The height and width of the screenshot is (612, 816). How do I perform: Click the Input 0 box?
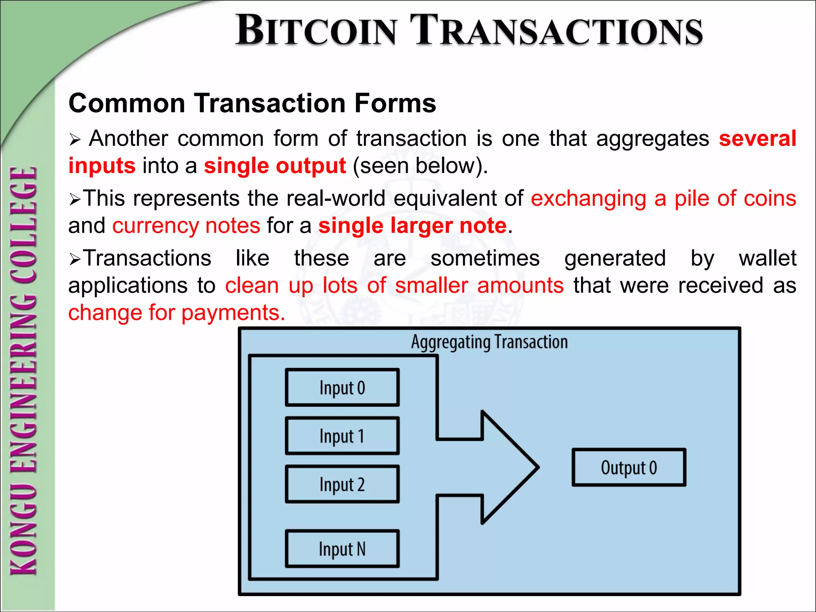[342, 387]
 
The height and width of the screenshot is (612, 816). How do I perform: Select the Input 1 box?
[342, 436]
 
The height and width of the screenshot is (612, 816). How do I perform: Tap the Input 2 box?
[342, 484]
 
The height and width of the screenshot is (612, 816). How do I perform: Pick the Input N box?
[342, 549]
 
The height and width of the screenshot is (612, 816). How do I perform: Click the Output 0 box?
[629, 467]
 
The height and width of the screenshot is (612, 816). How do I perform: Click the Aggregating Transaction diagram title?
[489, 342]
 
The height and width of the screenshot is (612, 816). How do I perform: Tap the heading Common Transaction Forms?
[252, 103]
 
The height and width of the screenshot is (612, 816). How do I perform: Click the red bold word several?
[757, 139]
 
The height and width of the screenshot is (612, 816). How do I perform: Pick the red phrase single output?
[275, 166]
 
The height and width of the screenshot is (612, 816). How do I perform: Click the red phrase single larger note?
[413, 226]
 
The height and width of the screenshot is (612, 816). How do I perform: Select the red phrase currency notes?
[186, 226]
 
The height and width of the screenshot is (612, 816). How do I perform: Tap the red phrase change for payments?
[177, 312]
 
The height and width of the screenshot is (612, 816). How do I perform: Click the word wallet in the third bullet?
[767, 258]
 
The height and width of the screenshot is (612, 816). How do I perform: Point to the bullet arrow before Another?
[75, 139]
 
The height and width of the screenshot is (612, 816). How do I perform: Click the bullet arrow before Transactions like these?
[75, 259]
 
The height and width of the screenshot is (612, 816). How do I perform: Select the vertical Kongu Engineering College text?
[24, 371]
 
